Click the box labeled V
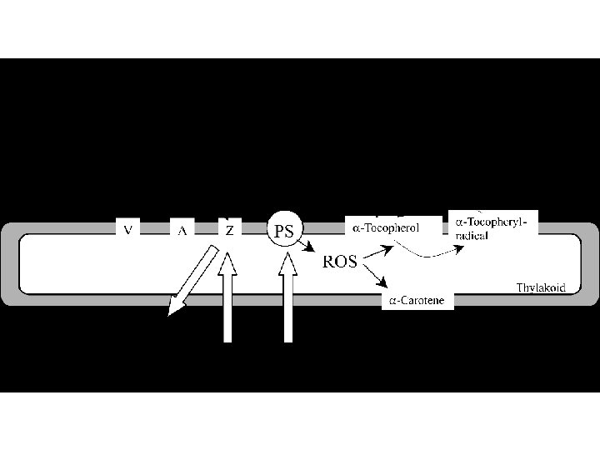tap(127, 228)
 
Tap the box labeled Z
tap(229, 228)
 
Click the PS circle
tap(284, 230)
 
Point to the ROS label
tap(340, 262)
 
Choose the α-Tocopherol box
tap(385, 227)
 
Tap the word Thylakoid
tap(541, 287)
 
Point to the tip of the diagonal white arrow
tap(170, 315)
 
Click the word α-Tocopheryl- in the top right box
tap(492, 222)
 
